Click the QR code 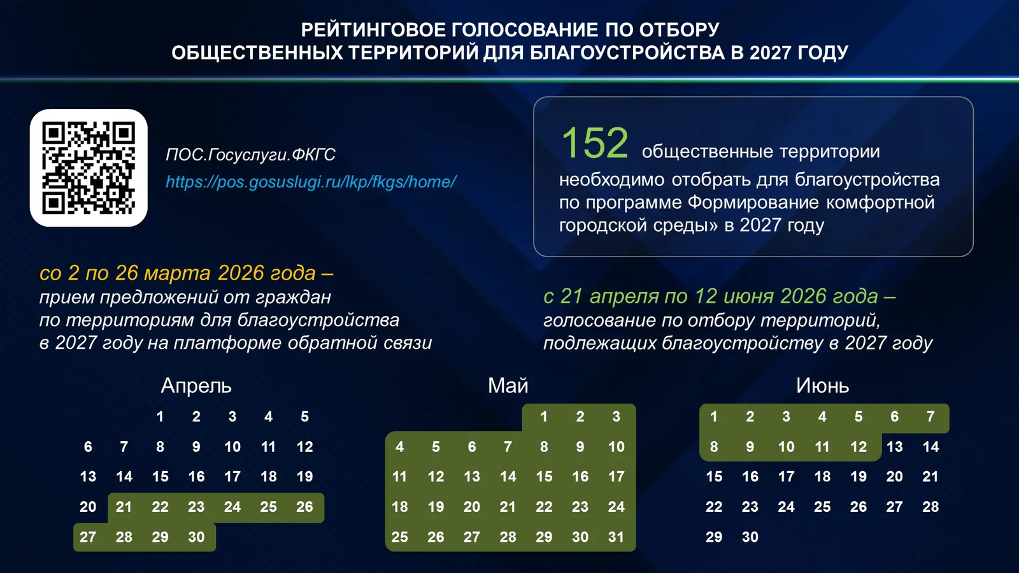[89, 168]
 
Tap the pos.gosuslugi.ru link [311, 182]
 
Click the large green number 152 [594, 143]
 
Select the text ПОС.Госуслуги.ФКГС [250, 155]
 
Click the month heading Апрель [196, 386]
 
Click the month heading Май [508, 386]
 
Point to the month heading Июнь [822, 386]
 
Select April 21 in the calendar [124, 507]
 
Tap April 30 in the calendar [196, 537]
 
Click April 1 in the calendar [160, 417]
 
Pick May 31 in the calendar [616, 537]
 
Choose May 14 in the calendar [508, 477]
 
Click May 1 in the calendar [544, 417]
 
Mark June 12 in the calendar [858, 447]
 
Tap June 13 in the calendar [894, 447]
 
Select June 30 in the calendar [750, 537]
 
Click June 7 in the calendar [930, 417]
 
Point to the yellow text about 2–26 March [186, 273]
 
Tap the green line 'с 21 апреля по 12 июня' [719, 297]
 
